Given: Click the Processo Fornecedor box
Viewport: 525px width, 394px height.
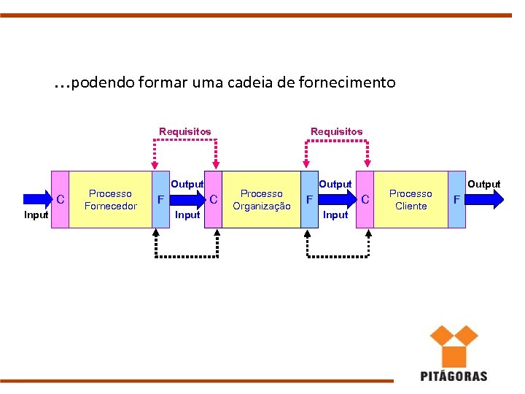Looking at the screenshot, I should pos(110,199).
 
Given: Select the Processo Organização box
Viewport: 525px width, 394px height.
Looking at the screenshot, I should pos(261,199).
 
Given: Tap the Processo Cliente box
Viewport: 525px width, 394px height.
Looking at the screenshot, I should pos(411,199).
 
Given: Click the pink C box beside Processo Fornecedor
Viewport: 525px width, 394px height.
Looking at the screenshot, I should pos(60,199).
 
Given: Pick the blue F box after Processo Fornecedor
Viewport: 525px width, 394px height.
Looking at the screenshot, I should pos(160,199).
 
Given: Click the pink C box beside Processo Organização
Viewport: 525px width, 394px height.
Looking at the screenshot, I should pos(214,199).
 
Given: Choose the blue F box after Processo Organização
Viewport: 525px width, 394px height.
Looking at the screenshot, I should pos(310,199).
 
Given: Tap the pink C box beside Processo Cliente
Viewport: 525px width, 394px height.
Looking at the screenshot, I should pos(365,199).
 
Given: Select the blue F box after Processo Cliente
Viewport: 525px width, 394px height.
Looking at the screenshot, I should pos(457,199).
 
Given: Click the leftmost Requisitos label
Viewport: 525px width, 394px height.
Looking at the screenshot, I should pos(185,131).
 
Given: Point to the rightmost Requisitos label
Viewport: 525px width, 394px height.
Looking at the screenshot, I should pos(336,131).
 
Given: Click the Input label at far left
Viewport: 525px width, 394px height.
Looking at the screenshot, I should pos(36,215).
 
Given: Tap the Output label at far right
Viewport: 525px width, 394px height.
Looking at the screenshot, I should pos(484,184).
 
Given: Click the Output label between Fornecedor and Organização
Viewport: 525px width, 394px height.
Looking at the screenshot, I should pos(187,184).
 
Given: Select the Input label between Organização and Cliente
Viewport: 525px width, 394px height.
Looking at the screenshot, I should pos(335,215).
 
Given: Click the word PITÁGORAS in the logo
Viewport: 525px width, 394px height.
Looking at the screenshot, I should pos(454,376).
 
